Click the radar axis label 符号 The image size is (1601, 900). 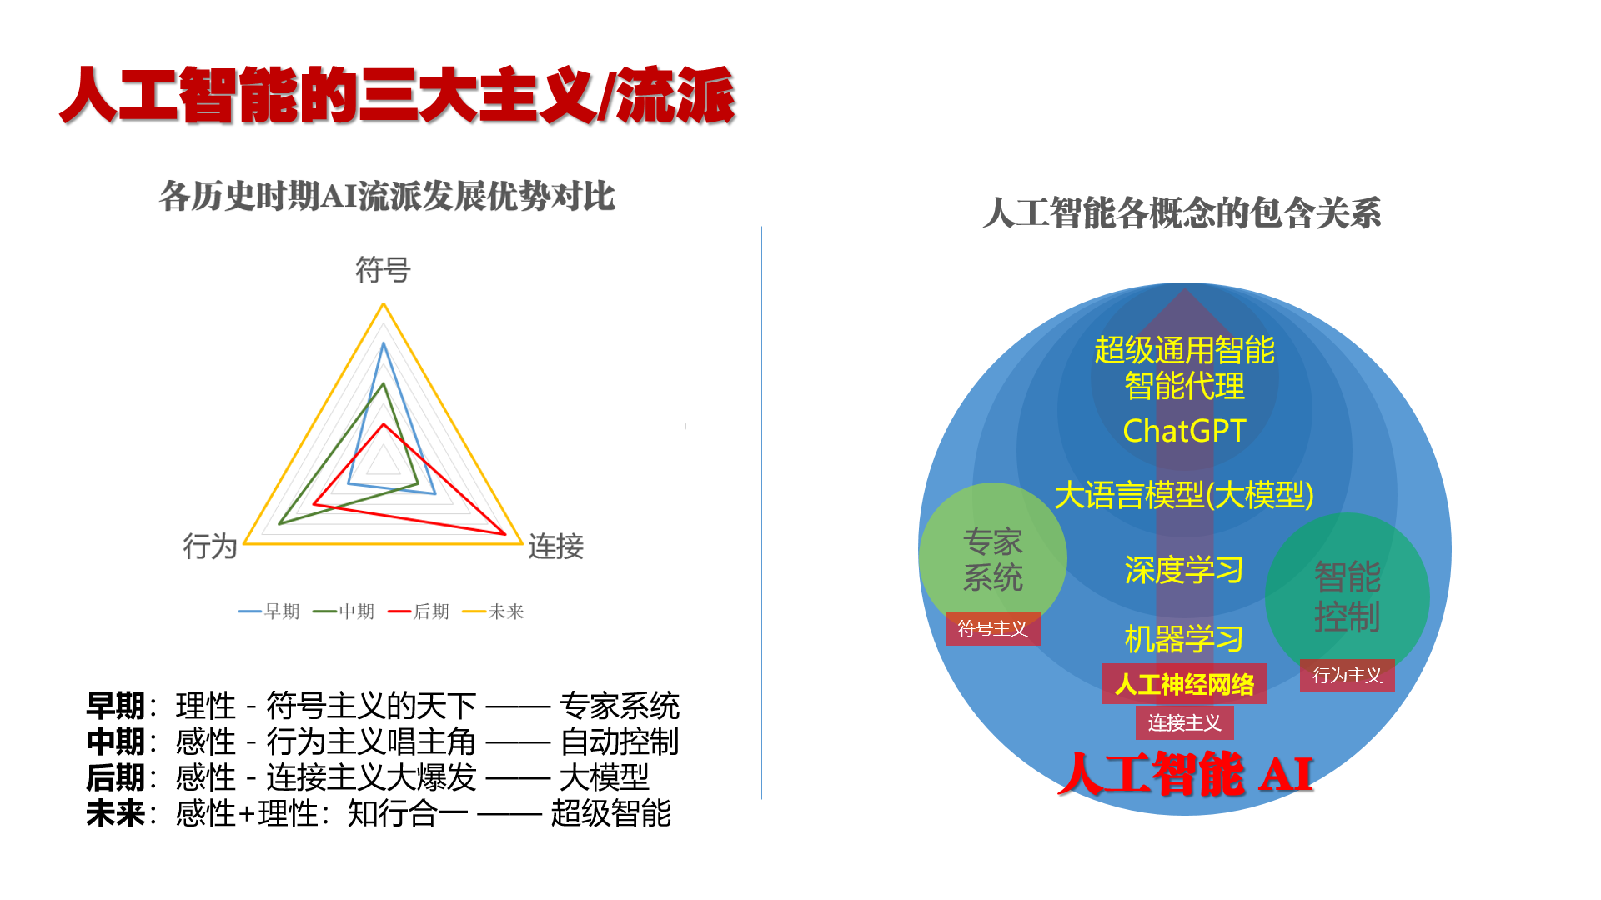383,270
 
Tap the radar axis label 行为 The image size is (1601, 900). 210,547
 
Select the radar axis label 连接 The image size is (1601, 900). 556,547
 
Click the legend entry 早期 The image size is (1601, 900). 269,612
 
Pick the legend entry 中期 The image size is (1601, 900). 344,612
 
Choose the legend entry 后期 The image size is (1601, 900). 419,612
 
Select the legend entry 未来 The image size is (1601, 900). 493,612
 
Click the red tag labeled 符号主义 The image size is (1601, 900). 992,629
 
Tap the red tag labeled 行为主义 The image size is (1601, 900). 1348,676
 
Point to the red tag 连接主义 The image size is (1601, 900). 1184,722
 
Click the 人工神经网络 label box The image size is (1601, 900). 1184,684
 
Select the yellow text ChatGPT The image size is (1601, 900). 1184,431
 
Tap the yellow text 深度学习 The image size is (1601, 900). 1184,571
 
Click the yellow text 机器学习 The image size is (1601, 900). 1184,639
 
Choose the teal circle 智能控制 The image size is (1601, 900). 1348,596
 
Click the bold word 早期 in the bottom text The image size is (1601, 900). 115,706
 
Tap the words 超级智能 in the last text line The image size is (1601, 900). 611,813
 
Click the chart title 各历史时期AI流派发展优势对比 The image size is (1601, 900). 387,197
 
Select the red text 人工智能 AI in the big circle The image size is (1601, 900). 1186,773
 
